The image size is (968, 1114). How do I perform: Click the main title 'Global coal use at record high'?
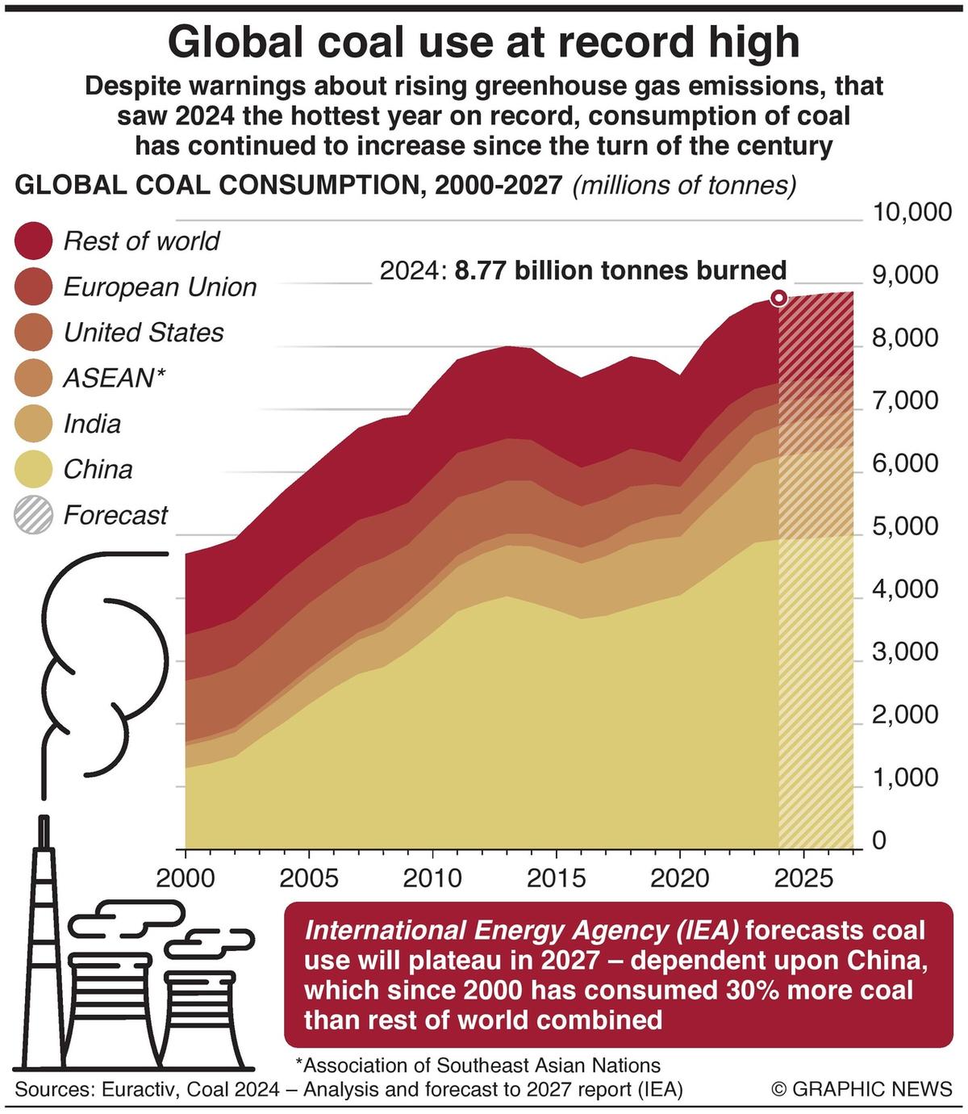(484, 41)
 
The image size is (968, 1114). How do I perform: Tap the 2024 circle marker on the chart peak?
(778, 298)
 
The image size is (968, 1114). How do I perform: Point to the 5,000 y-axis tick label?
(904, 526)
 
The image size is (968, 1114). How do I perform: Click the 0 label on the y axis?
(878, 840)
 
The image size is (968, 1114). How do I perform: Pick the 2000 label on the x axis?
(186, 877)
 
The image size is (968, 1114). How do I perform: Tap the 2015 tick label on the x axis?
(556, 877)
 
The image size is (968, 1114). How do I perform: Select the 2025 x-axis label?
(803, 877)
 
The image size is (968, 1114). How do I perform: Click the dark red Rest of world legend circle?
(34, 241)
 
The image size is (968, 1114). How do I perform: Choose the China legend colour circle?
(34, 469)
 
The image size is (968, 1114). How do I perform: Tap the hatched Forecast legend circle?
(34, 515)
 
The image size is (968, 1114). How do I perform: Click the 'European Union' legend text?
(160, 287)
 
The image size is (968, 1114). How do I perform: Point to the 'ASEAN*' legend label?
(114, 378)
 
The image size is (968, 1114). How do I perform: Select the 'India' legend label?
(92, 424)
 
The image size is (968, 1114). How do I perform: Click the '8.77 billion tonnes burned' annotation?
(620, 270)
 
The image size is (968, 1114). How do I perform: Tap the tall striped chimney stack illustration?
(44, 953)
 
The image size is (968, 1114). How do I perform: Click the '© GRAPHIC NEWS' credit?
(862, 1089)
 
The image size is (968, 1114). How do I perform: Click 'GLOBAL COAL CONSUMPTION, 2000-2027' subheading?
(289, 186)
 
